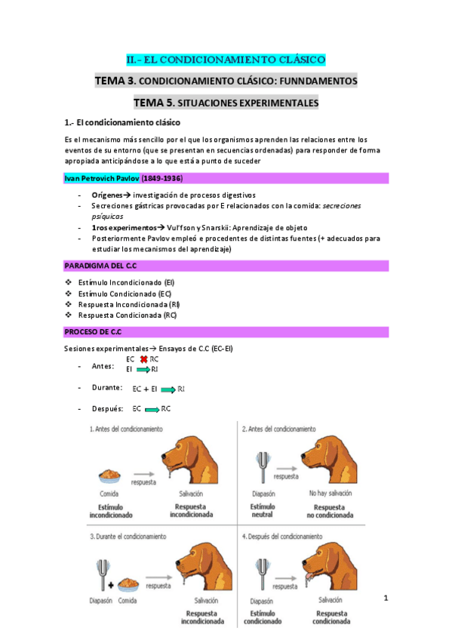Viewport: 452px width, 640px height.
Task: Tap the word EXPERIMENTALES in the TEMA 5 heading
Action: click(275, 102)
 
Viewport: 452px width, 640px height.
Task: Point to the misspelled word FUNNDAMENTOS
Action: click(321, 80)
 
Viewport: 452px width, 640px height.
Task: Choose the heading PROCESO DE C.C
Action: click(93, 332)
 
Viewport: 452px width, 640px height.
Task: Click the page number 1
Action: click(386, 599)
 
